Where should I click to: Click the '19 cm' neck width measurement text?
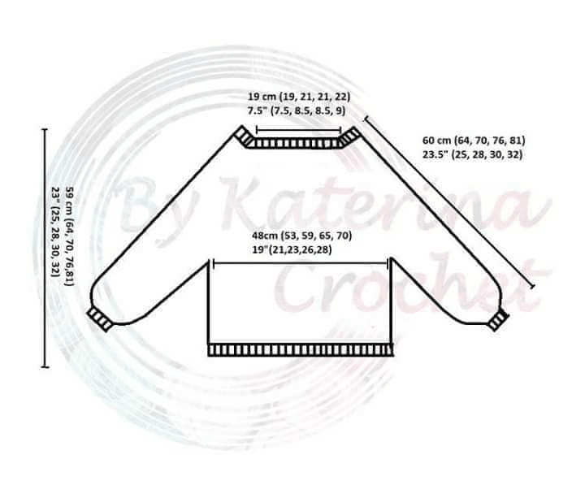click(x=259, y=97)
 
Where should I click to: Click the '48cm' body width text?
click(x=264, y=236)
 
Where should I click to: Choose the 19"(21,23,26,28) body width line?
click(x=292, y=249)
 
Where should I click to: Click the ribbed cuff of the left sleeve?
click(x=100, y=319)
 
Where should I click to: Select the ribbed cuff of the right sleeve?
click(x=499, y=320)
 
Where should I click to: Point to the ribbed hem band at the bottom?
click(x=301, y=350)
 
